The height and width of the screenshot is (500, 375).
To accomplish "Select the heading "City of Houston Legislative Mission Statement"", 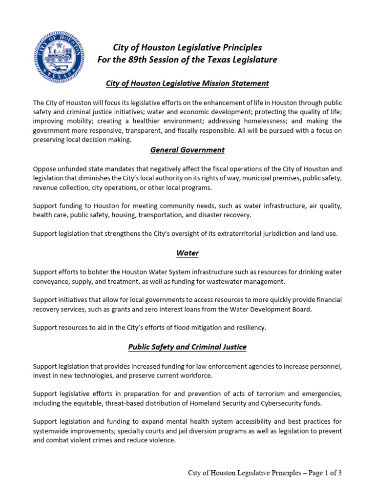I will [187, 83].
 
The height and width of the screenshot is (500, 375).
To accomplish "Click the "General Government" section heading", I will [187, 150].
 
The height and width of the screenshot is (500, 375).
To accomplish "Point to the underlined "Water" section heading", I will [187, 253].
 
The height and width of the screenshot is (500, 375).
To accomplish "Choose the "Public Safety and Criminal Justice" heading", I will [187, 347].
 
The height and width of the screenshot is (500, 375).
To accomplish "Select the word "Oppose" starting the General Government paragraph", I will [44, 168].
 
